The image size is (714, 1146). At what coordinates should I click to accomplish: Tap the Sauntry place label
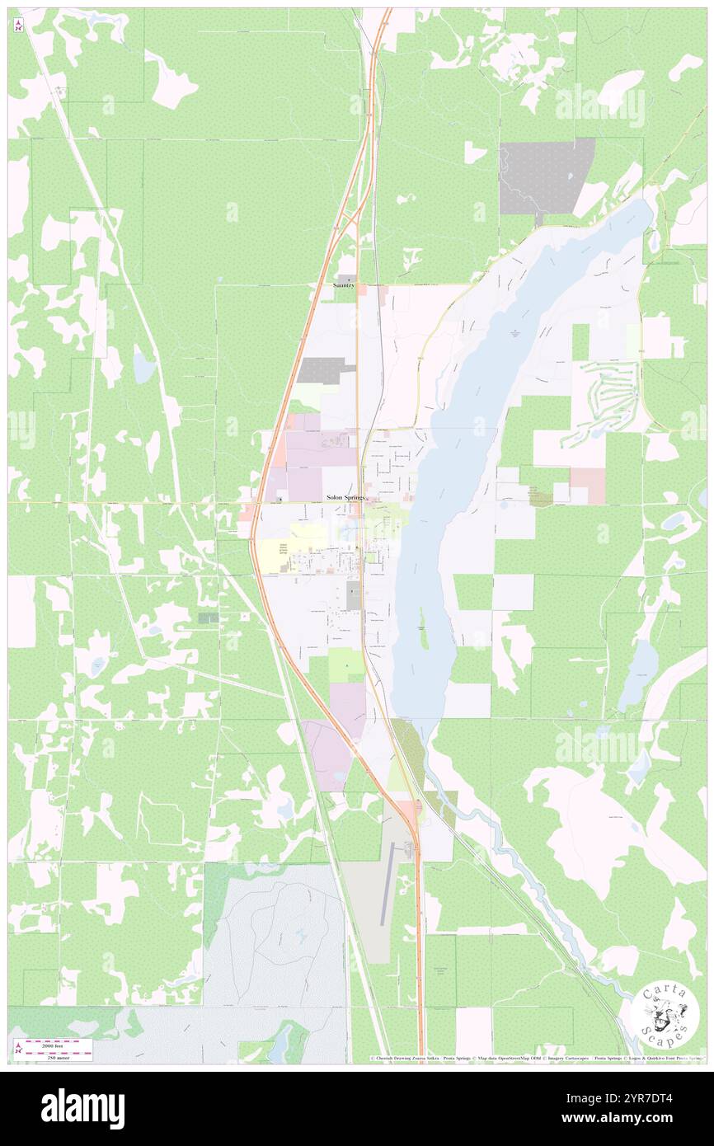[x=344, y=285]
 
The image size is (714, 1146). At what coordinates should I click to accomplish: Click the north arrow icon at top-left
[x=19, y=25]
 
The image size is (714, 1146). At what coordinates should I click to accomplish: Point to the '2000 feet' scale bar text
[x=59, y=1042]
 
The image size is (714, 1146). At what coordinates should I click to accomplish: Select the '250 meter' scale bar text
[x=59, y=1056]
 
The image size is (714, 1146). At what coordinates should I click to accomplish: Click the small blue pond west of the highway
[x=143, y=366]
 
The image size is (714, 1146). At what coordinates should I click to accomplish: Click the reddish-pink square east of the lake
[x=587, y=485]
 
